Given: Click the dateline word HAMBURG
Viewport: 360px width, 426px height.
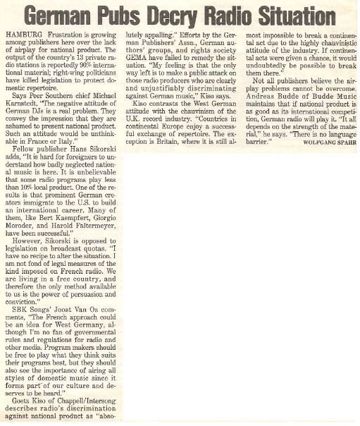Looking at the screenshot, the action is pos(23,34).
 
